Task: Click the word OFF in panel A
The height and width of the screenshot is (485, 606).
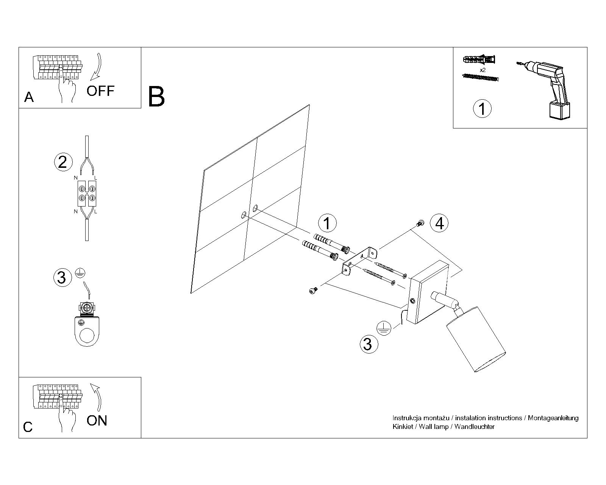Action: (x=100, y=91)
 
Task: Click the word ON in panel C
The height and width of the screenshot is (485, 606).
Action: (x=97, y=421)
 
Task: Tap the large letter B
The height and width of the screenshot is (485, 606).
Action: (x=156, y=97)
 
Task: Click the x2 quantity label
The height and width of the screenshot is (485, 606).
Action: (x=483, y=70)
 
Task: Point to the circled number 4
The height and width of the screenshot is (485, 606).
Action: (x=439, y=223)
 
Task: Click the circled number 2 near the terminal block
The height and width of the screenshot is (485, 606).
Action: (x=62, y=162)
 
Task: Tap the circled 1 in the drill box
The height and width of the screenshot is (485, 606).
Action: (x=482, y=109)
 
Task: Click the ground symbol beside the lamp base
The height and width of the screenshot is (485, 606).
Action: (x=383, y=327)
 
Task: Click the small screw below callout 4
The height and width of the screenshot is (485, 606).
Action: (x=420, y=224)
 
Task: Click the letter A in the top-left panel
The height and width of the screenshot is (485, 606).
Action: (x=29, y=97)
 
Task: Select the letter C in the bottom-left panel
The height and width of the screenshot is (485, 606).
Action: (x=28, y=427)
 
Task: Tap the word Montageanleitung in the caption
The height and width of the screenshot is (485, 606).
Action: (x=553, y=418)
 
